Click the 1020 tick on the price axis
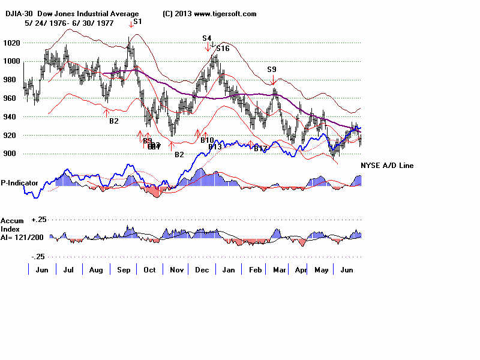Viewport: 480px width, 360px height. pos(13,43)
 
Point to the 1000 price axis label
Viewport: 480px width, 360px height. pos(13,61)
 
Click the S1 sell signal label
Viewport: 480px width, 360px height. pos(137,22)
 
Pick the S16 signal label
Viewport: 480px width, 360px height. pos(223,49)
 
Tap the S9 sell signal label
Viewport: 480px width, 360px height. pos(272,70)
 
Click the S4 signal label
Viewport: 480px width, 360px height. pos(206,38)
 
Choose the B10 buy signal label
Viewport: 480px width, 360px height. pos(208,140)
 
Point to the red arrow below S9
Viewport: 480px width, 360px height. pos(273,79)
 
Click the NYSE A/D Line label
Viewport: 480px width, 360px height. pos(387,166)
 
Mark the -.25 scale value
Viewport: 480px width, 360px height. pos(38,256)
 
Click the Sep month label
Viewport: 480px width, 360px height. pos(123,270)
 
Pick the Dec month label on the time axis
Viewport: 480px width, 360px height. pos(202,270)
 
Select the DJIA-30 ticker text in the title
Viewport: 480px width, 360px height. pos(17,14)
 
